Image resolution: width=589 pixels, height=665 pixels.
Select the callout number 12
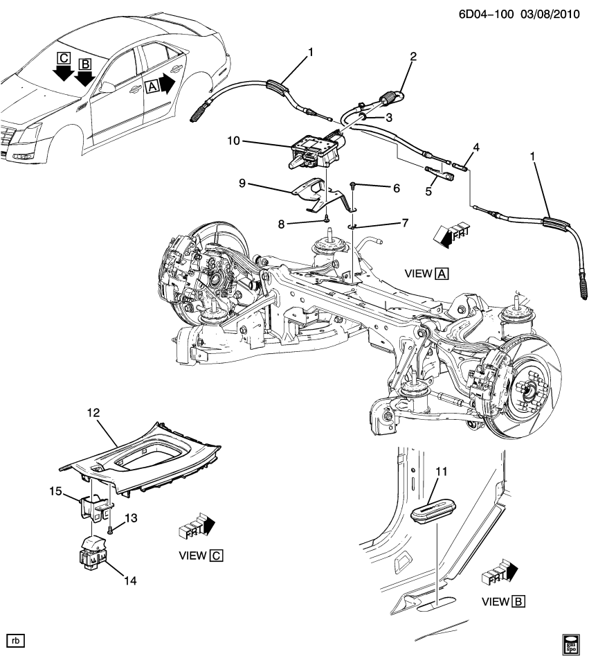(x=93, y=413)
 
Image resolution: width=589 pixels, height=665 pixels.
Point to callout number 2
(x=413, y=56)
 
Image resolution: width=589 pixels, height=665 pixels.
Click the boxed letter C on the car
(x=64, y=57)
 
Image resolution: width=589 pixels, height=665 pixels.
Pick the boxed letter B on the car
(x=85, y=64)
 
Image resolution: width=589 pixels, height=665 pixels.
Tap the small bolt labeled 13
(x=111, y=530)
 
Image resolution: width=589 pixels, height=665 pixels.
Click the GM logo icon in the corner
(x=572, y=644)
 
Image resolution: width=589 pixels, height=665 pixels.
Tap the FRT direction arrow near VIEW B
(x=498, y=571)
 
